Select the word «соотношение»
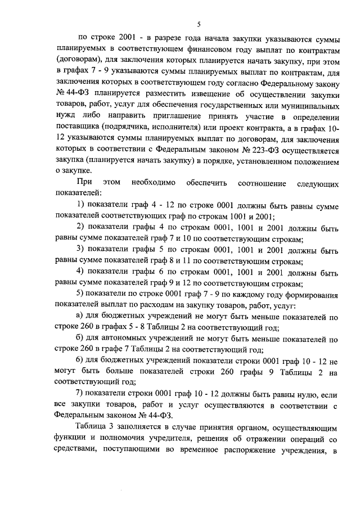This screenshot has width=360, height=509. click(262, 183)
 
